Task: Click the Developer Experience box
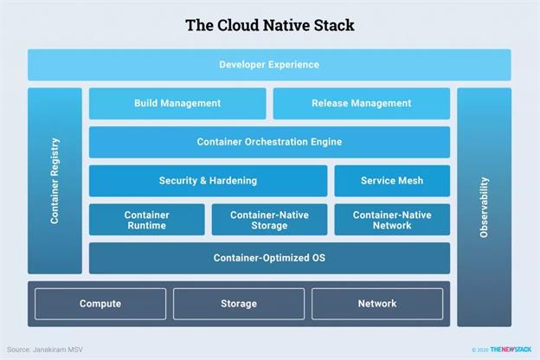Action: coord(269,65)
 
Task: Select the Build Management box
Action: coord(177,103)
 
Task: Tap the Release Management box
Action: coord(361,103)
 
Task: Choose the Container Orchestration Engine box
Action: coord(269,142)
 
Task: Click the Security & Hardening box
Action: coord(208,181)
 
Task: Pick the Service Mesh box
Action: coord(392,181)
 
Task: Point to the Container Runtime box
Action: coord(147,220)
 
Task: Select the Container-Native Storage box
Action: coord(269,220)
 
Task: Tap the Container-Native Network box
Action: coord(392,220)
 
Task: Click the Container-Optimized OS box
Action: coord(269,258)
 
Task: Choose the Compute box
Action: coord(100,304)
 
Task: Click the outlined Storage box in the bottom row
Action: coord(239,304)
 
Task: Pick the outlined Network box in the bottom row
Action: coord(377,304)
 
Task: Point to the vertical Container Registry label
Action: coord(55,181)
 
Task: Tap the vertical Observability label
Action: coord(484,208)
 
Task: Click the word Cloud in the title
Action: coord(238,25)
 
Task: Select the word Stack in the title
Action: coord(334,25)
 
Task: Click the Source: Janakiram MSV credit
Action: coord(45,350)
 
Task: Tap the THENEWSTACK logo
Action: coord(511,350)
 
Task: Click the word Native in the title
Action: coord(286,25)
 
